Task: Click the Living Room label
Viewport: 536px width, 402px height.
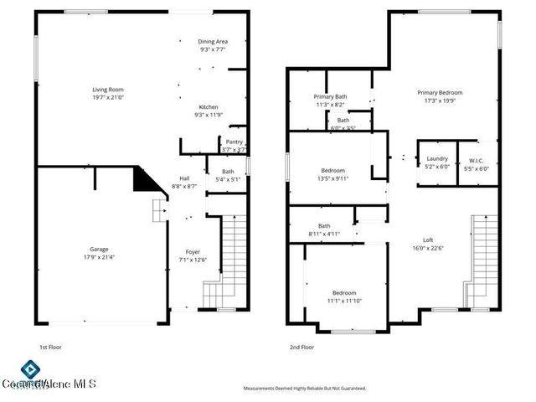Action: click(x=108, y=89)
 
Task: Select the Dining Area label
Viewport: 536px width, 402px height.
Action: click(x=213, y=41)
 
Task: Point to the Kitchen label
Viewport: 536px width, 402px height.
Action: click(x=209, y=106)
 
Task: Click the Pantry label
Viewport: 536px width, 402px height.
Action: click(x=234, y=142)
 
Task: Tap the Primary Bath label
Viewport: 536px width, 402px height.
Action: click(x=330, y=96)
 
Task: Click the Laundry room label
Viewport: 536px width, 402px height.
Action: click(x=437, y=158)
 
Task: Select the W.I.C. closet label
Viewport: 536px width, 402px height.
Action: click(x=477, y=159)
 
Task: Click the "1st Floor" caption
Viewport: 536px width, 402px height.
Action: click(x=50, y=347)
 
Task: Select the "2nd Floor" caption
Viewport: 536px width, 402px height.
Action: click(x=301, y=347)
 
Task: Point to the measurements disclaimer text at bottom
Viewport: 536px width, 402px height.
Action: click(x=305, y=389)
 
